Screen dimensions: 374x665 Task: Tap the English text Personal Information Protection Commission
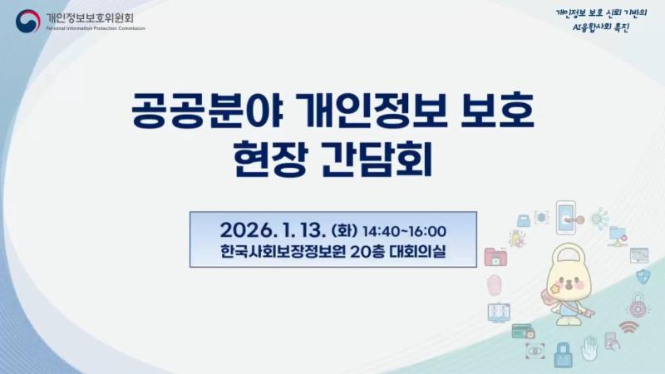pyautogui.click(x=95, y=28)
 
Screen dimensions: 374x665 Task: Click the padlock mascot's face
pyautogui.click(x=564, y=278)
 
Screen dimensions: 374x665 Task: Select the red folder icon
pyautogui.click(x=495, y=257)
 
